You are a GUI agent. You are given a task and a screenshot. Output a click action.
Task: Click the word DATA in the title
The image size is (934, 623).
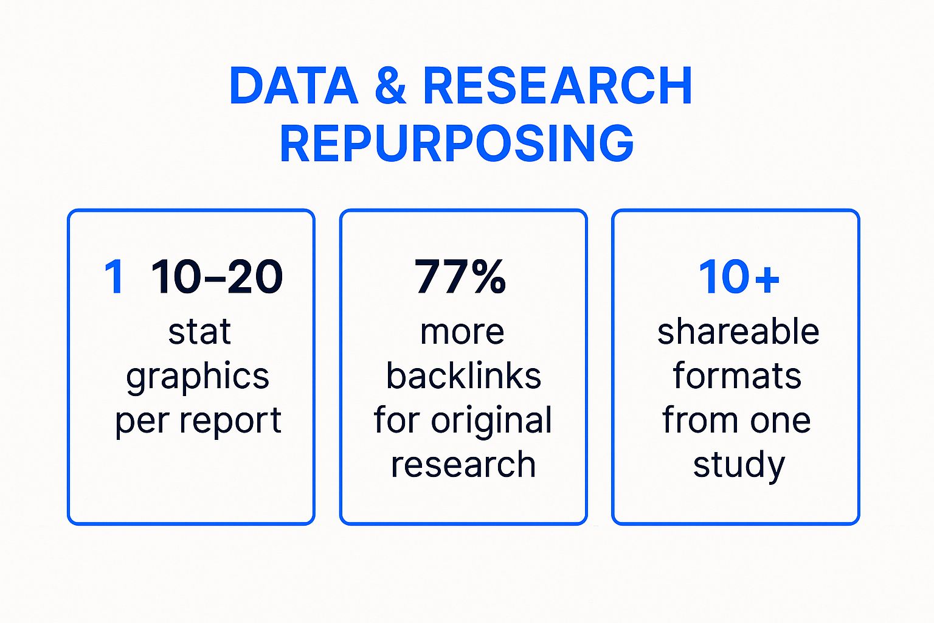click(294, 86)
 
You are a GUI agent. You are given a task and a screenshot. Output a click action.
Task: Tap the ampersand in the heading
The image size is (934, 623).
click(390, 86)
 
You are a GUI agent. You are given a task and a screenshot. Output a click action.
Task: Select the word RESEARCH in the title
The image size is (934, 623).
click(558, 86)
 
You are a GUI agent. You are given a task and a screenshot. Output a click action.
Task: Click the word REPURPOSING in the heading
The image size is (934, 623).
click(457, 143)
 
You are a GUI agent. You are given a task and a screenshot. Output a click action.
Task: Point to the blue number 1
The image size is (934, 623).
click(114, 277)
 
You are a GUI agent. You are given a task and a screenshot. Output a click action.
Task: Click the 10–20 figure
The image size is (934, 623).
click(217, 277)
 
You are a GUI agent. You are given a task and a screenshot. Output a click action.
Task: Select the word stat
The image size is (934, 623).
click(199, 332)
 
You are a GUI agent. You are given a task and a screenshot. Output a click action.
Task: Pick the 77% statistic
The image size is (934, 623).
click(460, 277)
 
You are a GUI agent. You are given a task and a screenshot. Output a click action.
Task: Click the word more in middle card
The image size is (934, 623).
click(462, 333)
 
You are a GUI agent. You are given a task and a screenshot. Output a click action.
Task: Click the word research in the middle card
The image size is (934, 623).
click(463, 465)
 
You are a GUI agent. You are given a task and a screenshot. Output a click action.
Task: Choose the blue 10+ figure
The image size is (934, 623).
click(738, 277)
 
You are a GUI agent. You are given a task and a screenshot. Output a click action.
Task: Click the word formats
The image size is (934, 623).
click(737, 375)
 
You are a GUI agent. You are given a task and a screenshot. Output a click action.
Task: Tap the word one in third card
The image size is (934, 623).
click(780, 422)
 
